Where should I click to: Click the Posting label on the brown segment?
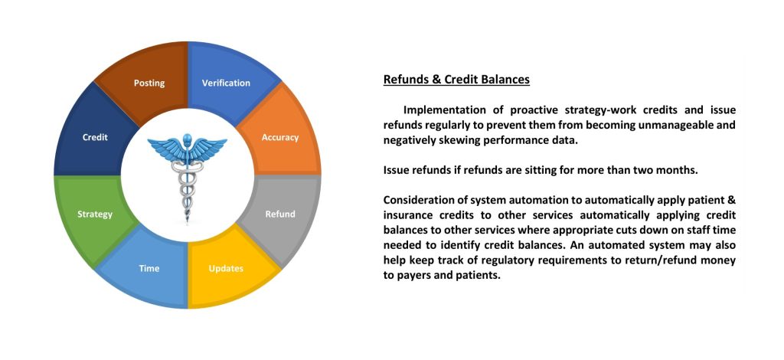149,83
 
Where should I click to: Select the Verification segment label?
226,83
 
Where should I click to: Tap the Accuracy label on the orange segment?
280,137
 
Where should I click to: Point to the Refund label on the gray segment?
280,214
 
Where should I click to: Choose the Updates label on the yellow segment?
226,269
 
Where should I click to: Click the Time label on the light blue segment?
149,269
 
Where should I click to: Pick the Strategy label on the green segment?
95,214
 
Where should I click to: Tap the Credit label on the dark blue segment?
95,137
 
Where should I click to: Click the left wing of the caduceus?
165,149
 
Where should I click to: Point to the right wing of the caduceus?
209,149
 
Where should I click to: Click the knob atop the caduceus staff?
187,138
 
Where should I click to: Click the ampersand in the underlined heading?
427,80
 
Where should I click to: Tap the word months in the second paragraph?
678,170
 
